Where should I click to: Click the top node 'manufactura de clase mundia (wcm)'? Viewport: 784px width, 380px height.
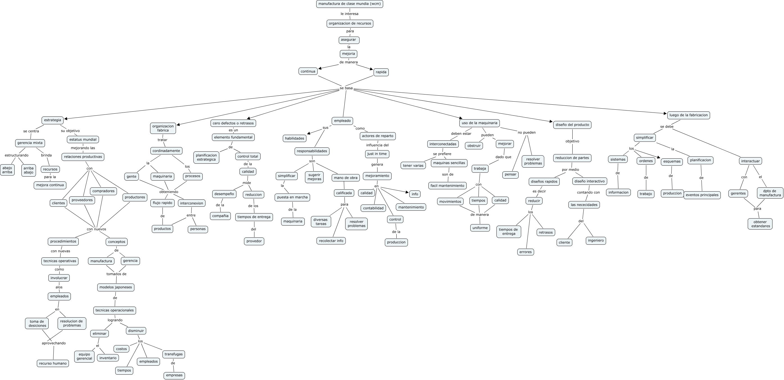[x=349, y=4]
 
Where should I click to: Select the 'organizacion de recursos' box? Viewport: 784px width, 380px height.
[x=350, y=23]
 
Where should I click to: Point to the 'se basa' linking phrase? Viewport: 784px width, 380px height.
[x=346, y=88]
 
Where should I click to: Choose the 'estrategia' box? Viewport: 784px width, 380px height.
[x=52, y=120]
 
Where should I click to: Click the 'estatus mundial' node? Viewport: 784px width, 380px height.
[x=83, y=140]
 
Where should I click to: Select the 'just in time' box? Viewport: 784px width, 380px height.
[x=377, y=154]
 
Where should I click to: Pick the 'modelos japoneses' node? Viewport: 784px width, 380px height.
[x=116, y=287]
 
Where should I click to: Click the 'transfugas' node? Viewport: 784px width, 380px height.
[x=173, y=354]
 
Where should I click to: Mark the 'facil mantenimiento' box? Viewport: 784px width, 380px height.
[x=447, y=186]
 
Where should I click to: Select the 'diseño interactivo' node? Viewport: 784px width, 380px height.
[x=589, y=181]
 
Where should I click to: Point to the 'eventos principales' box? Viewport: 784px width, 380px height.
[x=702, y=195]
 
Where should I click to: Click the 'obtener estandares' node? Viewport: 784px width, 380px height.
[x=760, y=224]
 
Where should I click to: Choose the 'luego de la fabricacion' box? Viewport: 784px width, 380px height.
[x=688, y=115]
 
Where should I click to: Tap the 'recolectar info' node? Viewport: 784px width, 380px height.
[x=331, y=241]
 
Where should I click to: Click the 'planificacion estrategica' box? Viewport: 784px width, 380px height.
[x=206, y=158]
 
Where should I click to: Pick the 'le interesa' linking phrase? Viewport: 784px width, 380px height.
[x=349, y=14]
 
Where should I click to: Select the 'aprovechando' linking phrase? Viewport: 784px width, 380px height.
[x=54, y=343]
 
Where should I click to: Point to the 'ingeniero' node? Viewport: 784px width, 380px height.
[x=596, y=240]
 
